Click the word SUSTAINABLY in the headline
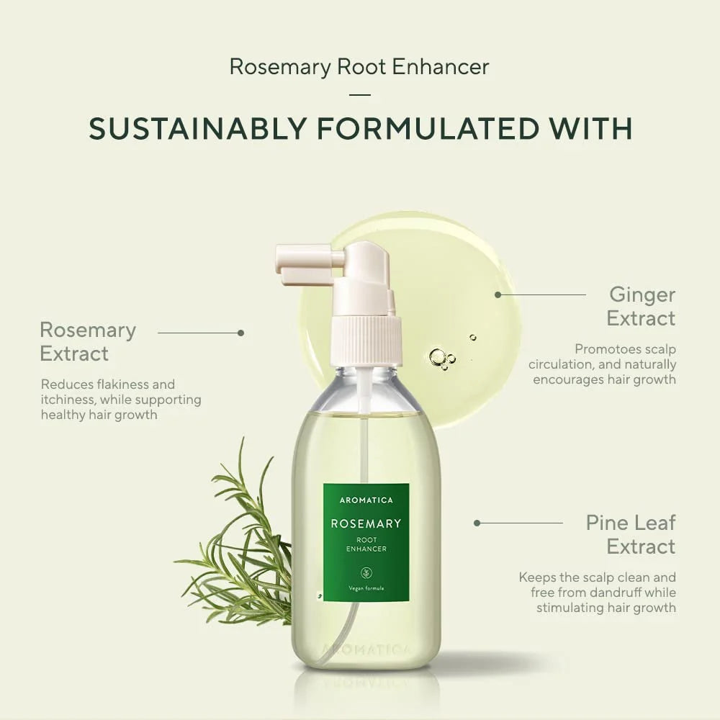(x=198, y=128)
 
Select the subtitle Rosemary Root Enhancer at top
(x=359, y=66)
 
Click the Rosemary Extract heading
(x=88, y=341)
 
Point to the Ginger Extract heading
(x=642, y=307)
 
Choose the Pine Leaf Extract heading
(x=631, y=534)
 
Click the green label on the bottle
(x=366, y=542)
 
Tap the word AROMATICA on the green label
(x=366, y=500)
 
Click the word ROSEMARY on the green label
(x=366, y=523)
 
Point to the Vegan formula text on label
(x=366, y=588)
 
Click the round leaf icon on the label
(x=366, y=572)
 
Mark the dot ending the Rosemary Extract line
(x=241, y=333)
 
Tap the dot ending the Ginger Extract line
(x=498, y=294)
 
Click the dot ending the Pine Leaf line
(x=477, y=523)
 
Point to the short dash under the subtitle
(x=360, y=95)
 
